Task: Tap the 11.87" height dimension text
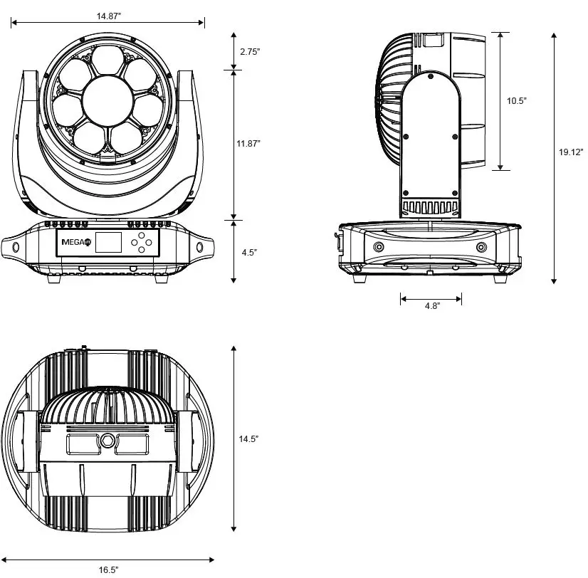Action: tap(249, 144)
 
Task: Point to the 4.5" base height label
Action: tap(249, 252)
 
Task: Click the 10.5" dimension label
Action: tap(516, 101)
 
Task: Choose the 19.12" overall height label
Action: tap(571, 152)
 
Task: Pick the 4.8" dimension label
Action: tap(432, 305)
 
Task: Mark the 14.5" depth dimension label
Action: tap(249, 439)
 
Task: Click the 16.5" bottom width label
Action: tap(108, 569)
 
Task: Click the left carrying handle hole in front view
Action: tap(16, 246)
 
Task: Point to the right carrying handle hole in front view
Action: tap(200, 246)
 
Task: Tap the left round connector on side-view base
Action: tap(379, 246)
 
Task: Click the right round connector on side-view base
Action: tap(482, 246)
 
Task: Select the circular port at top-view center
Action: tap(107, 440)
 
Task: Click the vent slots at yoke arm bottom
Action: tap(430, 208)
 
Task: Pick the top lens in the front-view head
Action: tap(107, 61)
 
